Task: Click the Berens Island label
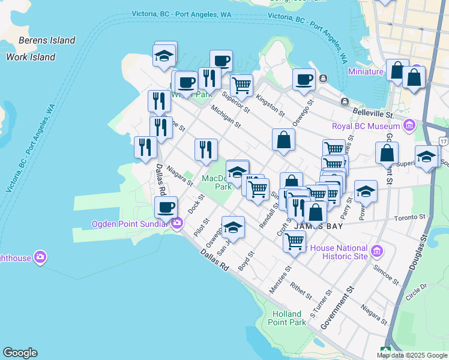(x=47, y=41)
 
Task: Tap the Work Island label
(x=31, y=58)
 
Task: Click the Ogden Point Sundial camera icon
(x=176, y=224)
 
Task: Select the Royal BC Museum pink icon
(x=409, y=126)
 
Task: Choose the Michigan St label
(x=226, y=117)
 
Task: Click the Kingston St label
(x=270, y=105)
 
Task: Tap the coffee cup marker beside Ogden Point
(x=166, y=208)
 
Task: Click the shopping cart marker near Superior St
(x=241, y=86)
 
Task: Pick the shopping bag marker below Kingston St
(x=283, y=140)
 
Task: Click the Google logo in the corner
(x=20, y=353)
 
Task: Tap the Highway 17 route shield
(x=443, y=140)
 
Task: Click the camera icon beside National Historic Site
(x=376, y=250)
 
